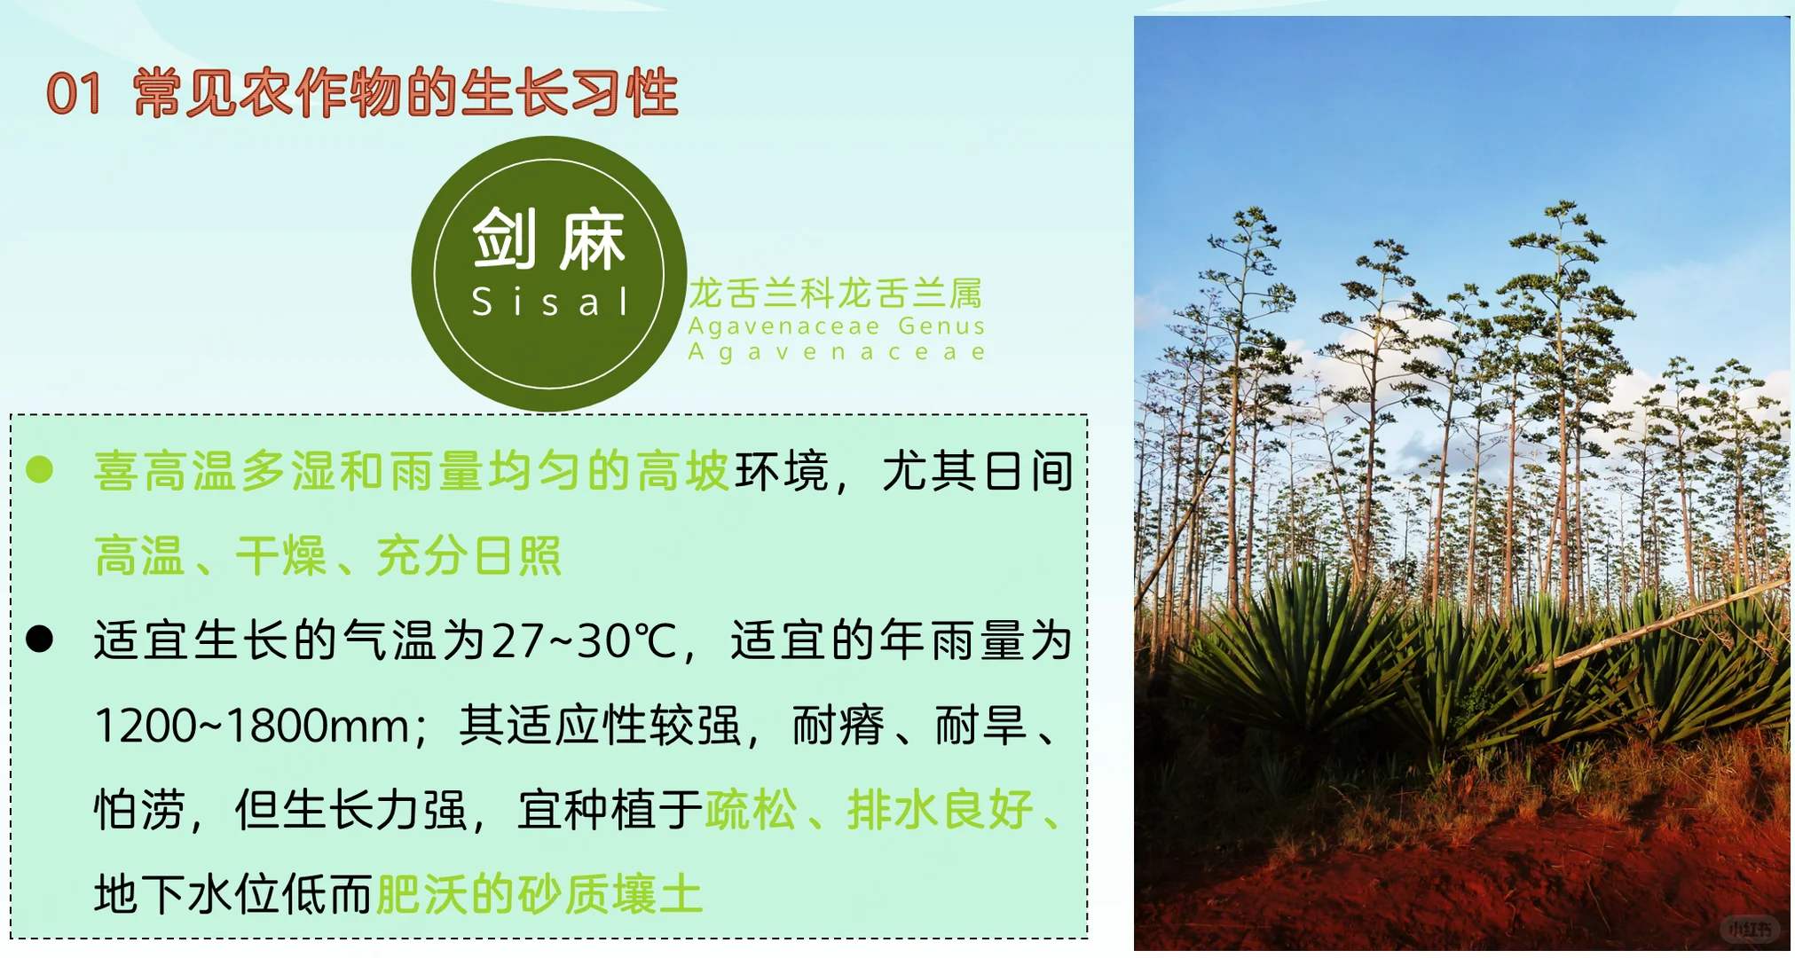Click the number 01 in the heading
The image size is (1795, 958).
tap(74, 94)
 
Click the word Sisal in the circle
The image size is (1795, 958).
tap(550, 302)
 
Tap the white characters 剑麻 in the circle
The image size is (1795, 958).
tap(549, 239)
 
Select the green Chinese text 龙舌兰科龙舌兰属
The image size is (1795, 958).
tap(836, 292)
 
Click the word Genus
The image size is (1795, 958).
tap(941, 326)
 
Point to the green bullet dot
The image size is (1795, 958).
tap(40, 469)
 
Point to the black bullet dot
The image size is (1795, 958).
tap(40, 639)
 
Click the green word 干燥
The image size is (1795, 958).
tap(281, 556)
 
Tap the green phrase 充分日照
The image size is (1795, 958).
tap(468, 556)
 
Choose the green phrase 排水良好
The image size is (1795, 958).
tap(940, 809)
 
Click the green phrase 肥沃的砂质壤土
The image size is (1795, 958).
tap(539, 894)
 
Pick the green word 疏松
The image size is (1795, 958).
tap(751, 809)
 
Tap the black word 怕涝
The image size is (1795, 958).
tap(139, 809)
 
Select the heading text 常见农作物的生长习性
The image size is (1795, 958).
tap(405, 94)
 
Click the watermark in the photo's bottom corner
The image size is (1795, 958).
tap(1749, 929)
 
